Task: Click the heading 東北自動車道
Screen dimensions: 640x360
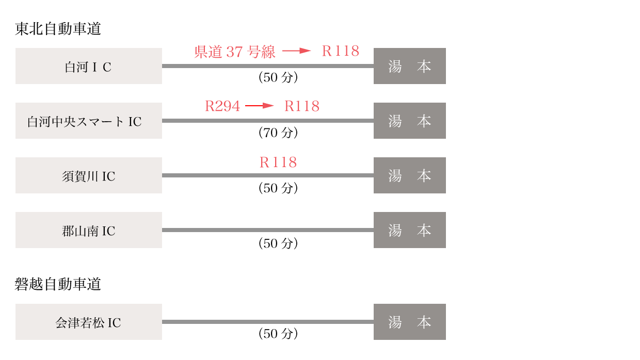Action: coord(58,29)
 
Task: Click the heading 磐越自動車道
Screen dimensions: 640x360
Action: coord(58,284)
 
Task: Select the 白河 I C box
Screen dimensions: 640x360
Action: coord(89,66)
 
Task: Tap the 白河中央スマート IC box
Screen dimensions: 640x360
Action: coord(89,121)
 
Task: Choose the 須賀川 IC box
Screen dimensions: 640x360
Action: coord(89,175)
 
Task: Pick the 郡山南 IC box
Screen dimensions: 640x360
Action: coord(89,230)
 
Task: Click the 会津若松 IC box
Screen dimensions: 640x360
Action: coord(89,322)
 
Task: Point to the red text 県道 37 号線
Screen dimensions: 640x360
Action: coord(234,52)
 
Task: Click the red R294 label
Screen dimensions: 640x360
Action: coord(222,106)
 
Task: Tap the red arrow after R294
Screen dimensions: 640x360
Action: coord(260,106)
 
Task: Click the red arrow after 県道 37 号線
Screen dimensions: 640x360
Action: coord(297,51)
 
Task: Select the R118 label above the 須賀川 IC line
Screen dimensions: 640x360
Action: coord(278,162)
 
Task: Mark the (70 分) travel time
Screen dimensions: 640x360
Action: coord(278,133)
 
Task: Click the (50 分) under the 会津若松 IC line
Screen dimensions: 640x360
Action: coord(278,334)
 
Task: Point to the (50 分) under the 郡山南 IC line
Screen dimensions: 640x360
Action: coord(278,243)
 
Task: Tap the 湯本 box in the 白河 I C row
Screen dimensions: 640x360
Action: coord(410,66)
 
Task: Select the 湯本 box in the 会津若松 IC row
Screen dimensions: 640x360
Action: coord(410,322)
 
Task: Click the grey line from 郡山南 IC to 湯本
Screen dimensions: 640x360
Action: coord(268,230)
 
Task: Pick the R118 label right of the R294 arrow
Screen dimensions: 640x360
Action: coord(302,106)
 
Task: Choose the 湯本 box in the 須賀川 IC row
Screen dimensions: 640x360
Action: coord(410,175)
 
